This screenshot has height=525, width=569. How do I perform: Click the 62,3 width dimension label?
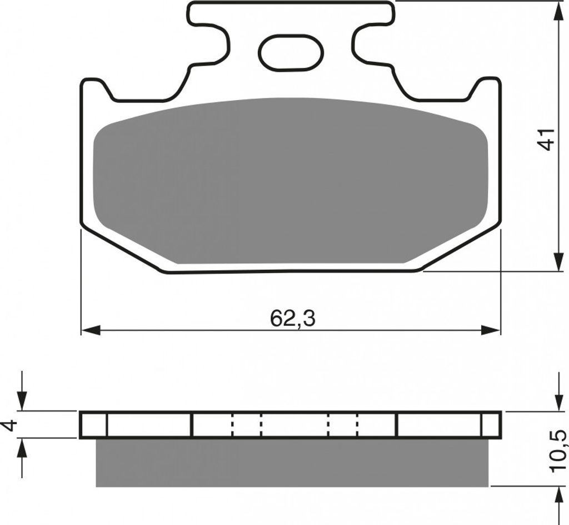tap(292, 319)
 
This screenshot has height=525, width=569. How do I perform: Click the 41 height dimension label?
tap(546, 138)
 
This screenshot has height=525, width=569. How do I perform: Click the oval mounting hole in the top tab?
tap(291, 52)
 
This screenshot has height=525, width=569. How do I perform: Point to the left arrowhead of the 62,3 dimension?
tap(91, 330)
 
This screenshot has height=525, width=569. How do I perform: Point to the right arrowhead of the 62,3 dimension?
tap(491, 330)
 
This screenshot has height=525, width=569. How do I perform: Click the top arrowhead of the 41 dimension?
tap(558, 11)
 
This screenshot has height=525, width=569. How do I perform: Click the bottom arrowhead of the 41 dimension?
tap(558, 261)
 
